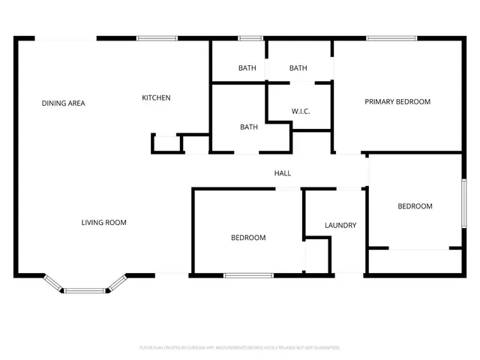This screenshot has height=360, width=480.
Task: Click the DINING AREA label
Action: [63, 103]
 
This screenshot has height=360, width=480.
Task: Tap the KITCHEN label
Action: [157, 97]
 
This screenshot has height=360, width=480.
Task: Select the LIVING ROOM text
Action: [104, 222]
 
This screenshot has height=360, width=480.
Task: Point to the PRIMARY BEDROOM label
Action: [397, 101]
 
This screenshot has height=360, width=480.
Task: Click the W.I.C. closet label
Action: [301, 112]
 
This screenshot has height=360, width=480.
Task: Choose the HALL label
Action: [282, 173]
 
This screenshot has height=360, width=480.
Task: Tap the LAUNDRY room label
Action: [340, 225]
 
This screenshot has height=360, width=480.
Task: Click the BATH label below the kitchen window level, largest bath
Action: [249, 127]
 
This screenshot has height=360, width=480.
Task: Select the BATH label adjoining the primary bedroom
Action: [298, 68]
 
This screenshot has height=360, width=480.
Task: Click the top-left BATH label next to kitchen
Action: [247, 68]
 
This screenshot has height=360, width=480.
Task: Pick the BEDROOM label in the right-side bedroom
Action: [415, 206]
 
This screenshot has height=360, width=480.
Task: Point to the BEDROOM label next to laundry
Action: [247, 238]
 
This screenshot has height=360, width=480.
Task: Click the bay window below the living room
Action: [85, 289]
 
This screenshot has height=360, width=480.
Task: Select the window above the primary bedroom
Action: [391, 37]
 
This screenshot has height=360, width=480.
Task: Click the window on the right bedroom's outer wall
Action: [464, 203]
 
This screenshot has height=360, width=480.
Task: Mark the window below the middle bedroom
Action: [249, 276]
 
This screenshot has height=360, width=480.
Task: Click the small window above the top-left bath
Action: [250, 37]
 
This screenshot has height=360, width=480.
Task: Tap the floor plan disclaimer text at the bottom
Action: [240, 348]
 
